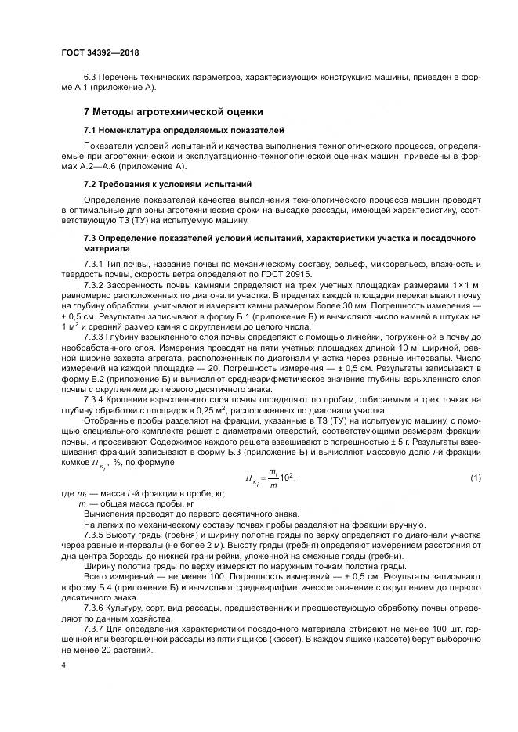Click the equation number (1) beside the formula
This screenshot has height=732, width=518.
474,478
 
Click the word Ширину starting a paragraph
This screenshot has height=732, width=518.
101,587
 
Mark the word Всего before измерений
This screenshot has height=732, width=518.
97,597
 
